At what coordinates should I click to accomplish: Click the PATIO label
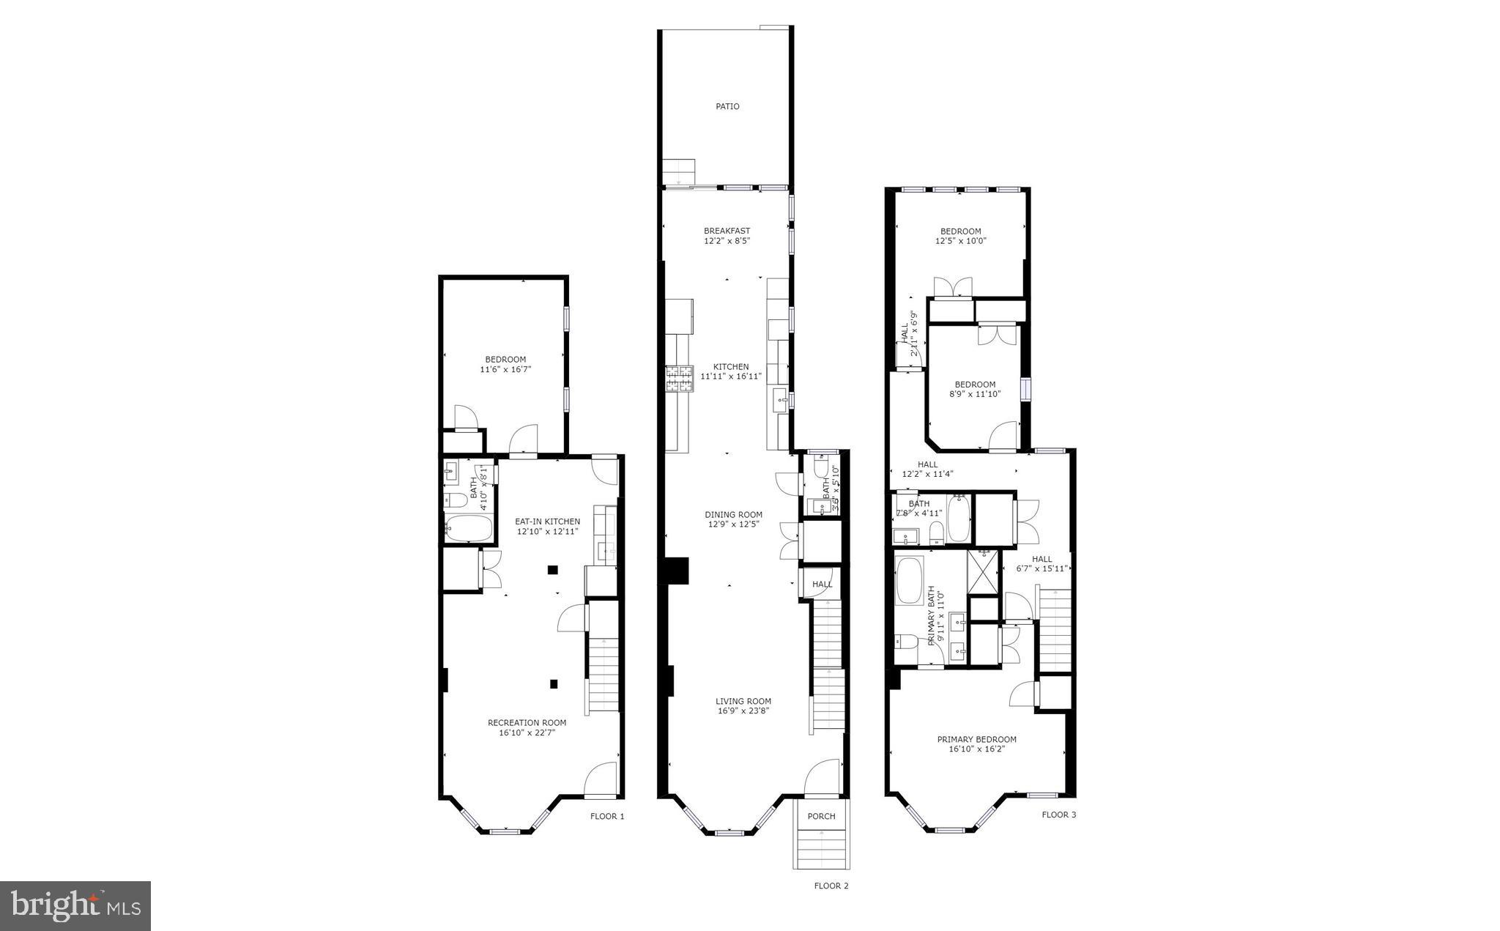[x=727, y=107]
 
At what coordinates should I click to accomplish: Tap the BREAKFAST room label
[x=727, y=231]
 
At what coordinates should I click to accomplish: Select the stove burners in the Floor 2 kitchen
[x=679, y=379]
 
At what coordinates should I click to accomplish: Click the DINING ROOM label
[x=733, y=515]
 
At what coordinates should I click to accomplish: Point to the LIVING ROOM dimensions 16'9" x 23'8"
[x=743, y=711]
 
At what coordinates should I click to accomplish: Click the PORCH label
[x=821, y=817]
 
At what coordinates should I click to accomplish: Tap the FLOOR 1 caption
[x=607, y=816]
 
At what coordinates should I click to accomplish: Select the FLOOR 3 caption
[x=1058, y=815]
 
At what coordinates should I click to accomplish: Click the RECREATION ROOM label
[x=527, y=723]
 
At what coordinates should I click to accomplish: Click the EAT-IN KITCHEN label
[x=547, y=522]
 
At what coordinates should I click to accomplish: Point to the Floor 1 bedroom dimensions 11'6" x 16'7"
[x=505, y=370]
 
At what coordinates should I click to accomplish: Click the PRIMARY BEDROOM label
[x=976, y=740]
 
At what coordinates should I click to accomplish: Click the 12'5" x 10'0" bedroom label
[x=960, y=236]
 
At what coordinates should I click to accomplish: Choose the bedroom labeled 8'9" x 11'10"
[x=974, y=389]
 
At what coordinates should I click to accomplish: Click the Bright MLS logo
[x=75, y=906]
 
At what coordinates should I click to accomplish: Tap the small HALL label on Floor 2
[x=822, y=585]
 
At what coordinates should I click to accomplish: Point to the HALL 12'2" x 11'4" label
[x=927, y=469]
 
